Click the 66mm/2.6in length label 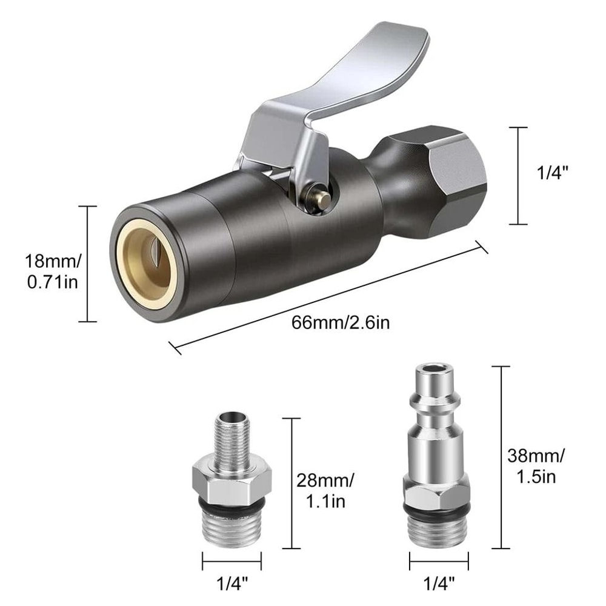pos(340,322)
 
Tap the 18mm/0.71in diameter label pos(51,272)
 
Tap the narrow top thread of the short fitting pos(233,436)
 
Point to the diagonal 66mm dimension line pos(327,297)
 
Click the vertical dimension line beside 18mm pos(88,264)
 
